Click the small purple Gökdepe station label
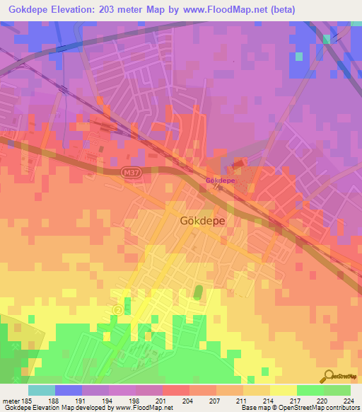[220, 181]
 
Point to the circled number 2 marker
[117, 309]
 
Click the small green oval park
[198, 292]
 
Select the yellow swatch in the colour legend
[284, 390]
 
